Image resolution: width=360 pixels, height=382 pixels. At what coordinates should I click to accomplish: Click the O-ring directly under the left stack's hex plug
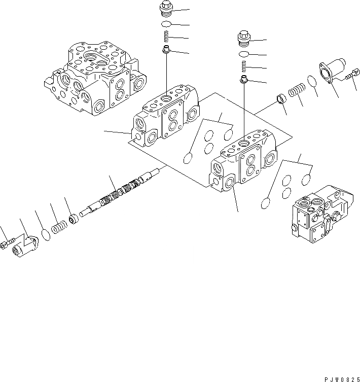click(x=166, y=24)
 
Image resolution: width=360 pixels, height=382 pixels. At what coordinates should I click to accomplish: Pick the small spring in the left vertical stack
click(x=166, y=37)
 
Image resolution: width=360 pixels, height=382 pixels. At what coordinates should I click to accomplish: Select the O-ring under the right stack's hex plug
click(x=244, y=54)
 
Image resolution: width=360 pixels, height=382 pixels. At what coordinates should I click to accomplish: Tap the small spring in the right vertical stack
click(x=244, y=66)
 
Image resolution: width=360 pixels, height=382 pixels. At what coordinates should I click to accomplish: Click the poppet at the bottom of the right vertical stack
click(x=244, y=79)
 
